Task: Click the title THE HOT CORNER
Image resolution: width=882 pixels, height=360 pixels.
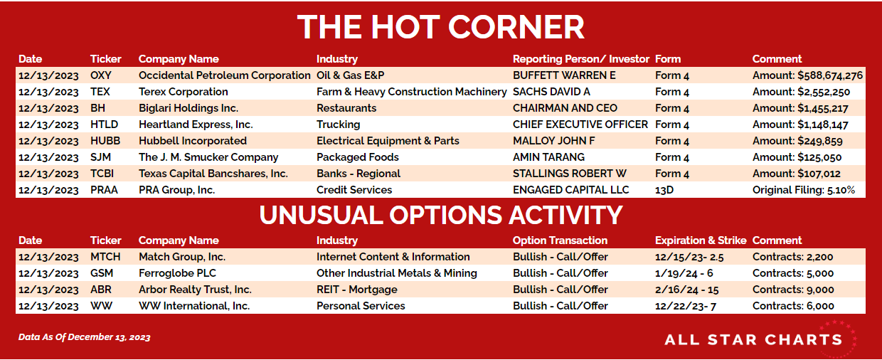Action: click(440, 27)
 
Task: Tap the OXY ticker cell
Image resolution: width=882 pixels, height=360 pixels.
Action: click(101, 75)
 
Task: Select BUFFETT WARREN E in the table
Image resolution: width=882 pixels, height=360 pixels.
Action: click(564, 75)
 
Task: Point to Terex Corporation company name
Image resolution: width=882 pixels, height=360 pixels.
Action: click(183, 92)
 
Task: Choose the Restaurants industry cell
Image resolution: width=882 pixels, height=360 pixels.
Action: click(346, 108)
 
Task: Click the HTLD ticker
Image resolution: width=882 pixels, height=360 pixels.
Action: click(104, 125)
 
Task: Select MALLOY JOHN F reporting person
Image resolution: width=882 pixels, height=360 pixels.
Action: click(553, 141)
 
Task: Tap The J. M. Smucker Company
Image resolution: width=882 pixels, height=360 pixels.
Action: click(208, 157)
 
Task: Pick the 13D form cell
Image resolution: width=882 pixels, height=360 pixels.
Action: click(664, 190)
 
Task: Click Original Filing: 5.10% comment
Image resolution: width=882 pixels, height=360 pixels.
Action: click(804, 190)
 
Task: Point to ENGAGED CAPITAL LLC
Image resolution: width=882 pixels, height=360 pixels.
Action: click(570, 190)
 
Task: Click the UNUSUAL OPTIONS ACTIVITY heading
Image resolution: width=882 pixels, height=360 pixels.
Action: click(440, 215)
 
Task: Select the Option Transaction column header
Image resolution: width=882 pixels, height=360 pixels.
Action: click(560, 240)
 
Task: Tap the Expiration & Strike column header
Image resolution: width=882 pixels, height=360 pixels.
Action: click(701, 240)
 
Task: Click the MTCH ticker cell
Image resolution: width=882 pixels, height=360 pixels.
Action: click(105, 257)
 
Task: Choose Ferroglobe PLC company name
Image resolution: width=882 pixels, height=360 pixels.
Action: click(177, 273)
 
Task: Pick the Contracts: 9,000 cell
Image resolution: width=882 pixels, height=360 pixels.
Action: click(793, 290)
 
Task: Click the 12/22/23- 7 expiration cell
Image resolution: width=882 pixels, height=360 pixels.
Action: click(686, 306)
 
